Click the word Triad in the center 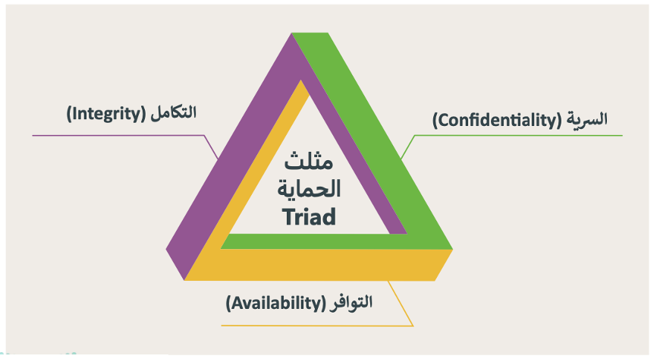click(310, 216)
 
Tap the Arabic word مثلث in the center click(309, 160)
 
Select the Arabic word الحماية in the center click(310, 188)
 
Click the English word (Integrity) click(106, 114)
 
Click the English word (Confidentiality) click(497, 121)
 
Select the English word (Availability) click(275, 303)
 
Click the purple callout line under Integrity click(126, 135)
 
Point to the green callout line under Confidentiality click(511, 135)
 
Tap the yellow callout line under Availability click(317, 326)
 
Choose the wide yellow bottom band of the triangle click(319, 265)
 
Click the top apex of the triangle click(292, 33)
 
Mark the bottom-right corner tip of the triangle click(453, 250)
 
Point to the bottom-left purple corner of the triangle click(175, 264)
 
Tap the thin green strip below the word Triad click(310, 242)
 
